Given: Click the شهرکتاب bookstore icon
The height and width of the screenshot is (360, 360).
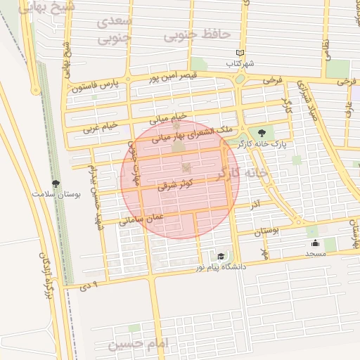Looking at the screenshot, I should [x=240, y=53].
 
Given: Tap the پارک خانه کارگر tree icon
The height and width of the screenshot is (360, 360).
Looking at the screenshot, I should [x=262, y=132].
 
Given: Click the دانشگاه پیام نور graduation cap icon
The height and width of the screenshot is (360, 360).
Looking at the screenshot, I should [x=221, y=257].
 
